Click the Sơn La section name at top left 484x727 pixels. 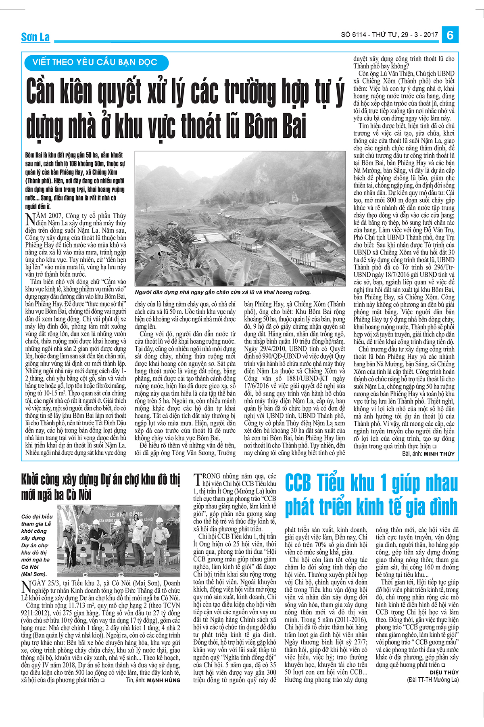[35, 37]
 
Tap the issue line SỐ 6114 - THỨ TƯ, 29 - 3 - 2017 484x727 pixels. [389, 35]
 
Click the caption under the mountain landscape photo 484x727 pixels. [223, 292]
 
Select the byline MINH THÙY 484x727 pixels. [439, 454]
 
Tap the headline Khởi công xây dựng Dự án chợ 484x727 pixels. [100, 480]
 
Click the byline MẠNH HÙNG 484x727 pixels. [163, 680]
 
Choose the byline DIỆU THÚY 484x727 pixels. [444, 672]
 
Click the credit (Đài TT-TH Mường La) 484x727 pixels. [433, 680]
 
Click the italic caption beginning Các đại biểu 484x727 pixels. [37, 545]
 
